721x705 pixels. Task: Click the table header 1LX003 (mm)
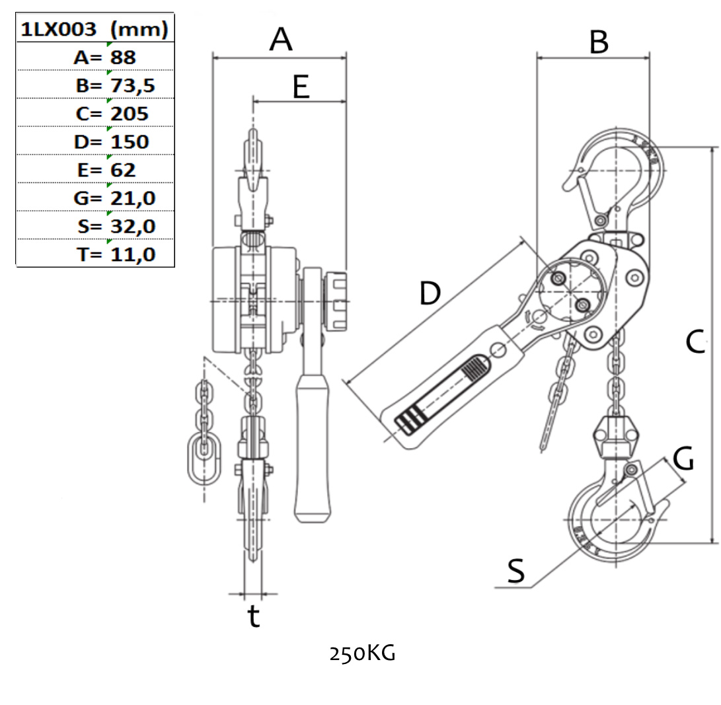tap(95, 29)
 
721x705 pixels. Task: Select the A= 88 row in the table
tap(104, 57)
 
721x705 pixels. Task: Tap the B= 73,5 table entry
tap(115, 85)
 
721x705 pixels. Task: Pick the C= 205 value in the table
tap(112, 114)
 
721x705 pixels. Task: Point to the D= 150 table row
tap(112, 141)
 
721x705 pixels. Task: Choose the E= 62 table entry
tap(106, 170)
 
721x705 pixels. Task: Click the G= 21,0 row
tap(115, 198)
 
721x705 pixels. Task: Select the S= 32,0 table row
tap(116, 226)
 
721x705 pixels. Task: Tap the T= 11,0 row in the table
tap(116, 254)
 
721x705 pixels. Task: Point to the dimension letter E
tap(301, 87)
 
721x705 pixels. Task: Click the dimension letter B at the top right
tap(598, 42)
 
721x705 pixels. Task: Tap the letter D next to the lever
tap(430, 293)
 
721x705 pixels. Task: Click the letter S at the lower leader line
tap(516, 572)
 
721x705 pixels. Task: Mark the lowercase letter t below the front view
tap(254, 616)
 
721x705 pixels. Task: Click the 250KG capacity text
tap(363, 653)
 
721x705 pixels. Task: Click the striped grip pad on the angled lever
tap(408, 420)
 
